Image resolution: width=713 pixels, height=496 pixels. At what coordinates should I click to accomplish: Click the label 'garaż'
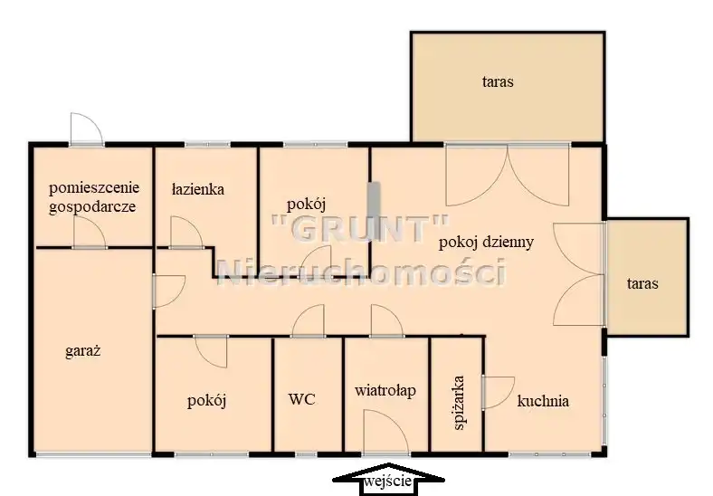pos(82,351)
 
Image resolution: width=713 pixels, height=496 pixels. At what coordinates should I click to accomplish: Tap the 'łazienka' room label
pos(198,188)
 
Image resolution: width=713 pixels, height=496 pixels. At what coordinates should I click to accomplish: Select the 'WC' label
pos(302,399)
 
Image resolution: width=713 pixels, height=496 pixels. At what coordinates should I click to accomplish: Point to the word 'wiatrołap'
pos(385,390)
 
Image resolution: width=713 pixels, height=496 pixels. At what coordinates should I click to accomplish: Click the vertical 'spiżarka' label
pos(459,402)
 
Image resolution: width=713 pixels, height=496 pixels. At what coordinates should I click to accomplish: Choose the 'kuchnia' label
pos(543,401)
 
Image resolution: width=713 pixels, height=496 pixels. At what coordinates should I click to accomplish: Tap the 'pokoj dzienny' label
pos(486,242)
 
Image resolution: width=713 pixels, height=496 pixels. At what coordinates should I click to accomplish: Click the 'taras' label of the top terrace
pos(498,81)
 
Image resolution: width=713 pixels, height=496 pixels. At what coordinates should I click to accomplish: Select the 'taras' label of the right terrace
pos(642,284)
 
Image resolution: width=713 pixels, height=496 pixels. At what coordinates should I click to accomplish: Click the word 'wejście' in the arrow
pos(388,482)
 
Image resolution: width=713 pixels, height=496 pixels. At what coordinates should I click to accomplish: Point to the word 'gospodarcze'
pos(92,206)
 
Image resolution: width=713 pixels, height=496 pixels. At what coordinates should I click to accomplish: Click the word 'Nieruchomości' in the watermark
pos(362,272)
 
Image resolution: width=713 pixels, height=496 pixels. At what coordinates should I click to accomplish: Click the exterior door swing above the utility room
pos(87,129)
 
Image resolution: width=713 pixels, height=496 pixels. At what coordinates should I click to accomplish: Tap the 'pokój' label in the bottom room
pos(207,401)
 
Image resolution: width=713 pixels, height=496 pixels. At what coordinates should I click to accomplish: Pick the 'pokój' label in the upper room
pos(307,205)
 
